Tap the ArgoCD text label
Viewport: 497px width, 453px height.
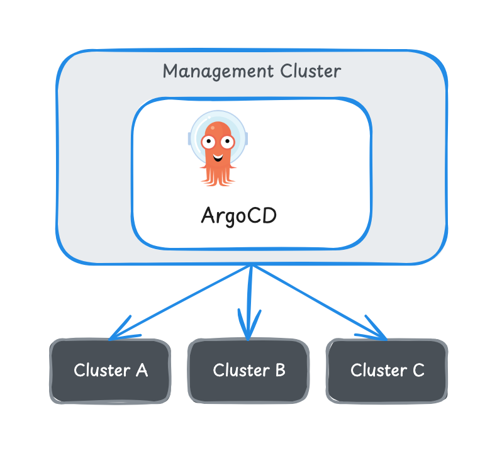pos(238,215)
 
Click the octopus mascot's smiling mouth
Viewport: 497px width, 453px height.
pos(217,155)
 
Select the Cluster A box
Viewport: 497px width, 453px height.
pos(111,371)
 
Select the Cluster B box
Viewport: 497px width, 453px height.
pos(249,371)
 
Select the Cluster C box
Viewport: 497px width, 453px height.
pos(387,371)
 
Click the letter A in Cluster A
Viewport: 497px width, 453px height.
pos(141,370)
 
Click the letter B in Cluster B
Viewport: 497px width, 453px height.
pos(279,370)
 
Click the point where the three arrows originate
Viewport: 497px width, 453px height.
pos(252,266)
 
